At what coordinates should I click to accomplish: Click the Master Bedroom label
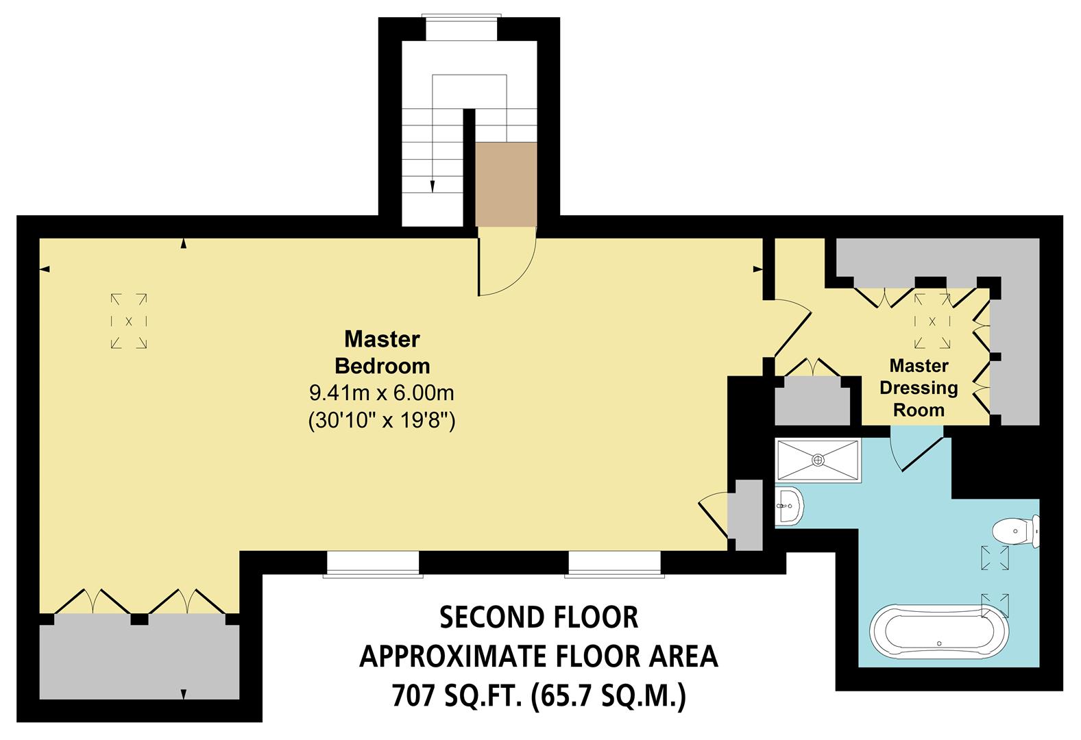pyautogui.click(x=382, y=352)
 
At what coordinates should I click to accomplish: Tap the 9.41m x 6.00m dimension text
pyautogui.click(x=382, y=393)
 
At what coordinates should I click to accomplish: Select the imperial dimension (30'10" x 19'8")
pyautogui.click(x=382, y=420)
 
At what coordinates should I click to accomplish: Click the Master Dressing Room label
pyautogui.click(x=919, y=388)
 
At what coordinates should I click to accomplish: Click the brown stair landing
pyautogui.click(x=506, y=184)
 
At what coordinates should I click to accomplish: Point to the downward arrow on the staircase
pyautogui.click(x=433, y=184)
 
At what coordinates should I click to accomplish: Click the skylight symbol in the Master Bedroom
pyautogui.click(x=129, y=321)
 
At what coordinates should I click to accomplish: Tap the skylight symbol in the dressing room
pyautogui.click(x=932, y=321)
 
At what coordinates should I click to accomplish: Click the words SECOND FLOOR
pyautogui.click(x=538, y=617)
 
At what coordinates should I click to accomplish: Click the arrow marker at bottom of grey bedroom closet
pyautogui.click(x=184, y=693)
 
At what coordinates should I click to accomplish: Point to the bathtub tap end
pyautogui.click(x=939, y=644)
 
